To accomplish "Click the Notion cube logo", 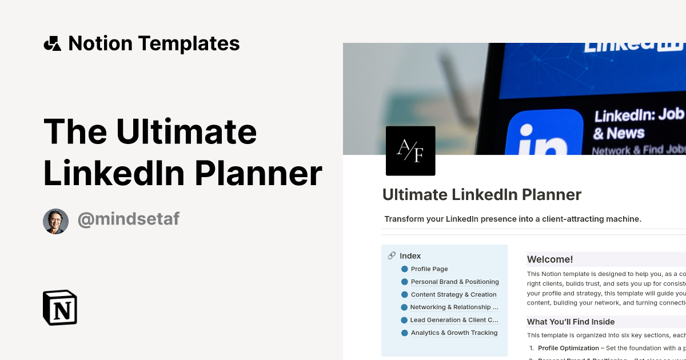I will (x=60, y=307).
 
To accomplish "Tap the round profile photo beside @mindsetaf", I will (x=55, y=221).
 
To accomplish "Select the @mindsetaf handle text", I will (x=128, y=219).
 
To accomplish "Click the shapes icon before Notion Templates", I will (x=52, y=43).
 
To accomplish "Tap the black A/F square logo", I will (x=410, y=151).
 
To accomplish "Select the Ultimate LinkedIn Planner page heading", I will (x=482, y=195).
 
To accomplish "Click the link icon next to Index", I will (x=392, y=256).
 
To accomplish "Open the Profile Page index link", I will (x=429, y=269).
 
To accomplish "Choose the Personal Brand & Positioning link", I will (x=454, y=282).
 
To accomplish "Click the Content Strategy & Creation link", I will (x=453, y=295).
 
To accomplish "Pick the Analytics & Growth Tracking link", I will (x=454, y=333).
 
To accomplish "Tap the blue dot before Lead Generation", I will (x=404, y=320).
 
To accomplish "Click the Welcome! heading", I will (x=550, y=259).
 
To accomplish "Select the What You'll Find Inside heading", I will (x=571, y=322).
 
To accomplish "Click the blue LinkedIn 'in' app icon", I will (x=544, y=135).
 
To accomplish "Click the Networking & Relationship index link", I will (x=454, y=307).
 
